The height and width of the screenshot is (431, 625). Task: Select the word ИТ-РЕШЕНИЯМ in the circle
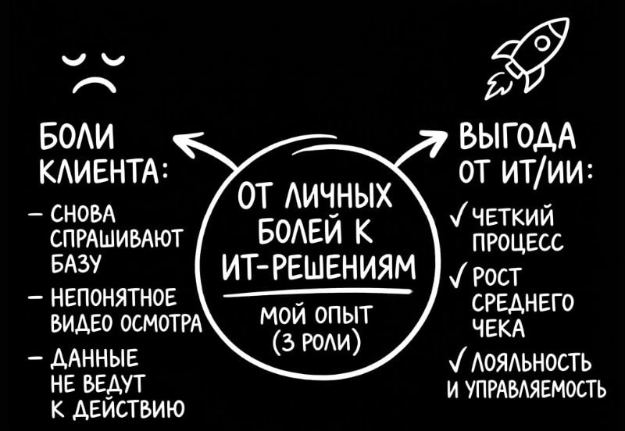coord(319,269)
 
